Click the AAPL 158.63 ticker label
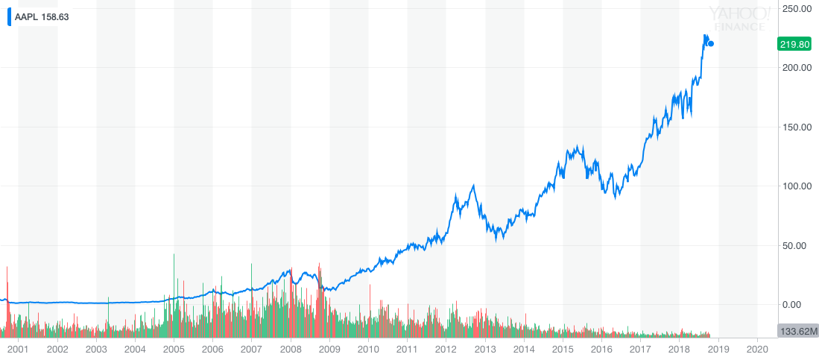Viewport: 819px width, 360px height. [x=42, y=16]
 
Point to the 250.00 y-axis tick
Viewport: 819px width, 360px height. [x=796, y=9]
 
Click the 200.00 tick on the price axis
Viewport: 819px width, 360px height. [x=796, y=68]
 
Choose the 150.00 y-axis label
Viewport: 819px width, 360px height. [x=796, y=127]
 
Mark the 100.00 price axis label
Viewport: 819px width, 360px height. [x=796, y=186]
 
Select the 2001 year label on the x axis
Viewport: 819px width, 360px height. [x=18, y=349]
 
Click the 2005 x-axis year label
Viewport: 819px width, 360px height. [x=174, y=349]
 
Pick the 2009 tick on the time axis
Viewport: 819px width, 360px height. [x=329, y=349]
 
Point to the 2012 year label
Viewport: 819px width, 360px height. [x=446, y=349]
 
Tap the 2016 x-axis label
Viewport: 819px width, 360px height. [x=601, y=349]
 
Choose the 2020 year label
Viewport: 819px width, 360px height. [x=757, y=349]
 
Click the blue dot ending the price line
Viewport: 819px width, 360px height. [x=711, y=44]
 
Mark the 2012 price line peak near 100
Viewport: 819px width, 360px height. [x=474, y=186]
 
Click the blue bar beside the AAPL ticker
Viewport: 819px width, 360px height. [x=9, y=16]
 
